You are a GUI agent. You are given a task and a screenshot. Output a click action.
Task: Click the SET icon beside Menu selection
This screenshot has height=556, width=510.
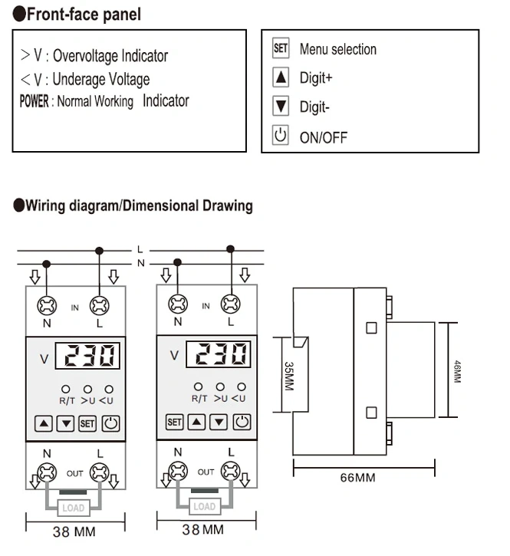coord(281,49)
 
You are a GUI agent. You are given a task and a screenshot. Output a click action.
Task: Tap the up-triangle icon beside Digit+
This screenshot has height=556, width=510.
coord(281,77)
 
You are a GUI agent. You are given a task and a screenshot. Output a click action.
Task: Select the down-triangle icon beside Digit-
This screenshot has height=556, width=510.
coord(281,107)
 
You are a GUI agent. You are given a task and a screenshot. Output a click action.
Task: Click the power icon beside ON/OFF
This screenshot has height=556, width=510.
coord(281,137)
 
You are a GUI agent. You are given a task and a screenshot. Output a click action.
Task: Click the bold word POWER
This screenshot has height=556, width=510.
coord(34,101)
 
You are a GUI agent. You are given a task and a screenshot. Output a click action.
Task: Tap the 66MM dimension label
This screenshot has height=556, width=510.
coord(357,478)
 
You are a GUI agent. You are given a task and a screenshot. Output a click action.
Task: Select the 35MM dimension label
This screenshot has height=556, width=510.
coord(289,377)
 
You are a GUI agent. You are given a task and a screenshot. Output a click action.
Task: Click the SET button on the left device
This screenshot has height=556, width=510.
coord(87,423)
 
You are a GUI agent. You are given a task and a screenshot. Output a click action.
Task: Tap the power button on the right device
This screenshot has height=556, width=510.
coord(242,421)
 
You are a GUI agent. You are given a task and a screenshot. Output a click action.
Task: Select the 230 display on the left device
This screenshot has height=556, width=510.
coord(90,356)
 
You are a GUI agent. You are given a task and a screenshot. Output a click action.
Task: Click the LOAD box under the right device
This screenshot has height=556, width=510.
coord(204,507)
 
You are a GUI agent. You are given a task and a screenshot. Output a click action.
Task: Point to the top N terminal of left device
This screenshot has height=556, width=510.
coord(47,305)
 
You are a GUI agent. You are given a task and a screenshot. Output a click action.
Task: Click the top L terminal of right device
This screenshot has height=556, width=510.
coord(229,305)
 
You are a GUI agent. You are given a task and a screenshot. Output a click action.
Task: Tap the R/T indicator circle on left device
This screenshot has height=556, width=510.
coord(66,390)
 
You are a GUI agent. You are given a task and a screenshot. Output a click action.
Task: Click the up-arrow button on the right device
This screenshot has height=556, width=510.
coord(197,421)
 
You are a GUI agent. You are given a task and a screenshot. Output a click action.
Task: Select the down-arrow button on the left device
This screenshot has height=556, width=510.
coord(66,423)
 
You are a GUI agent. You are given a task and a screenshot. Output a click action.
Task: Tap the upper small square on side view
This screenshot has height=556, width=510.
coord(371,327)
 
